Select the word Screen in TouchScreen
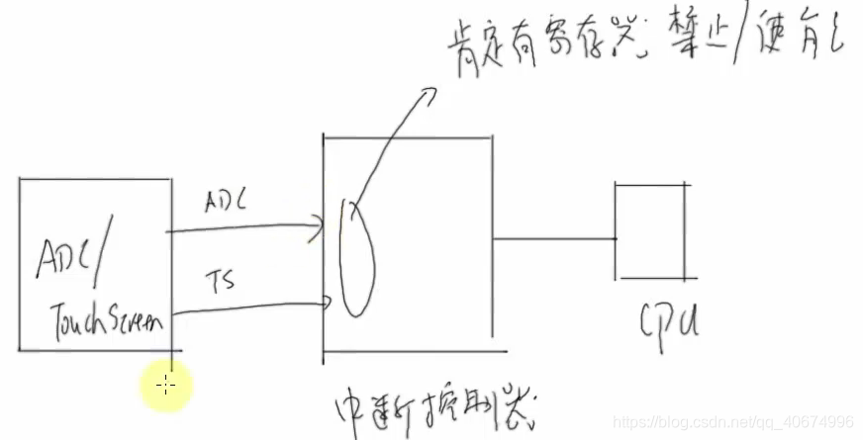(137, 318)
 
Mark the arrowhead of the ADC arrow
(319, 225)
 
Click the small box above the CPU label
(649, 229)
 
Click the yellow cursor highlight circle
(166, 385)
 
